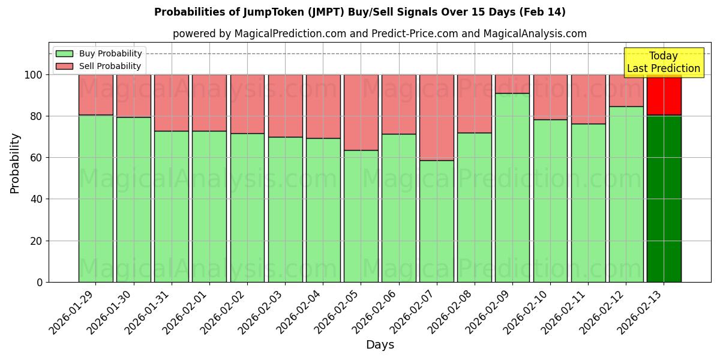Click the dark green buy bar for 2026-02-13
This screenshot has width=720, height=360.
664,198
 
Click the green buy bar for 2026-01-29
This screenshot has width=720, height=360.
95,198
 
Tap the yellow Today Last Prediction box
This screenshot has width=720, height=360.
663,62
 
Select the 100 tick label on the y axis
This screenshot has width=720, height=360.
34,75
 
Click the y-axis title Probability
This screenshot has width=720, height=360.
15,163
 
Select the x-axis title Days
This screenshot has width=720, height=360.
380,345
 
